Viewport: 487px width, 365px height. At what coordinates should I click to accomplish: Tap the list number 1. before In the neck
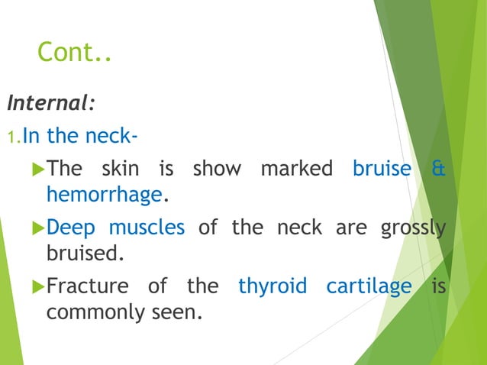14,137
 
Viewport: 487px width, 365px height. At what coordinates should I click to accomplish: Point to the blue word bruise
382,168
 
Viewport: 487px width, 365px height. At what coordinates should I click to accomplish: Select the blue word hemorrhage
105,195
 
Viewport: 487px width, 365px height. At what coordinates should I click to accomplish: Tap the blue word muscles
147,228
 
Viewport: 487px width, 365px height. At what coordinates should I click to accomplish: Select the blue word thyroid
273,286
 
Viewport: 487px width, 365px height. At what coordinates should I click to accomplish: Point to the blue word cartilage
369,286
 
